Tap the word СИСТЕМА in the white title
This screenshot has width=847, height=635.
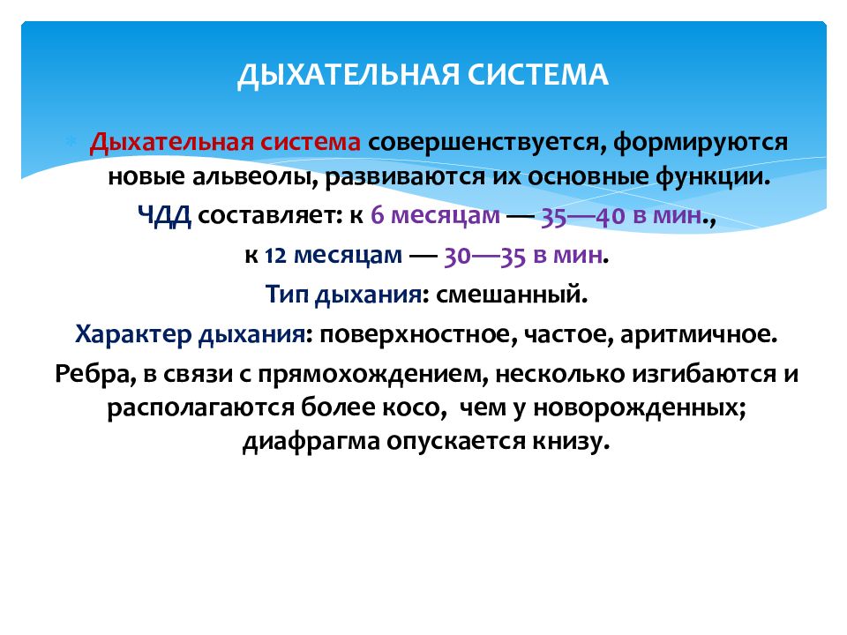pyautogui.click(x=538, y=74)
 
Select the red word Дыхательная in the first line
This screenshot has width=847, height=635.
pyautogui.click(x=172, y=143)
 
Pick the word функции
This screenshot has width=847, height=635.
pyautogui.click(x=713, y=177)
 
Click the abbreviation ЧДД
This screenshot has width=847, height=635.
pyautogui.click(x=165, y=216)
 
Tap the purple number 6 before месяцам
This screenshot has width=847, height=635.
pyautogui.click(x=377, y=215)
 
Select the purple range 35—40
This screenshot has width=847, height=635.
pyautogui.click(x=583, y=216)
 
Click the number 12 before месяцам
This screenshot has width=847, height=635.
pyautogui.click(x=275, y=256)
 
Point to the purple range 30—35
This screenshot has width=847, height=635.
pyautogui.click(x=484, y=256)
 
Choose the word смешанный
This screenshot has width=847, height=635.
pyautogui.click(x=512, y=295)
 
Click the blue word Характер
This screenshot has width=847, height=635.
pyautogui.click(x=133, y=335)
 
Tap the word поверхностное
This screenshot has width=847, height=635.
pyautogui.click(x=418, y=335)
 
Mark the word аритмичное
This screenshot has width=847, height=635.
pyautogui.click(x=699, y=335)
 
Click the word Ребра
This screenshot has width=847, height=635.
pyautogui.click(x=95, y=374)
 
